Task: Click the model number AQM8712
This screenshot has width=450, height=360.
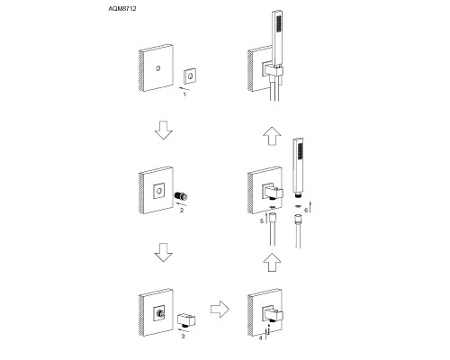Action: pos(122,9)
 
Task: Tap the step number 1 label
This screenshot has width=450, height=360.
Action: pos(184,94)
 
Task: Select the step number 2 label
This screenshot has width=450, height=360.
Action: pos(182,211)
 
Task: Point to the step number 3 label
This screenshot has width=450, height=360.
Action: pos(183,337)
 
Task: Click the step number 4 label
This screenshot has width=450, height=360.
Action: pos(260,337)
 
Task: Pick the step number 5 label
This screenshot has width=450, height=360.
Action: pos(262,221)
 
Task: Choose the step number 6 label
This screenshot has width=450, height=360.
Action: pos(306,211)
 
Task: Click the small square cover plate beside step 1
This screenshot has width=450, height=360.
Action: pos(190,76)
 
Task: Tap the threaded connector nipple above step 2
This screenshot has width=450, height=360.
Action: pos(181,196)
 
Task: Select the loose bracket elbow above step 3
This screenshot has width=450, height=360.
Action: pos(186,320)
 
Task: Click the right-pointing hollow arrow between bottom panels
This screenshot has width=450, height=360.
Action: pos(220,310)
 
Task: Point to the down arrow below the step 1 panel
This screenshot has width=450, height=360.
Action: pos(164,130)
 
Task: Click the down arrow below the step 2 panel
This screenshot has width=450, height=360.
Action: pos(164,253)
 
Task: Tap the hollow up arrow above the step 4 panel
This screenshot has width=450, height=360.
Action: pos(272,263)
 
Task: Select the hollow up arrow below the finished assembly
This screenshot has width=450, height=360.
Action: pos(272,136)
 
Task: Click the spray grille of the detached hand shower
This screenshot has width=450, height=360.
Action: pos(300,152)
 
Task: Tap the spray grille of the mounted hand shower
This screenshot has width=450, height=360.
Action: pos(279,24)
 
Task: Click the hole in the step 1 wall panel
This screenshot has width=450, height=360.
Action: pos(157,68)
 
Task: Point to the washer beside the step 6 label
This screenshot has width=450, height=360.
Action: pos(298,206)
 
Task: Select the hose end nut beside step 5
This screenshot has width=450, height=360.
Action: pos(273,217)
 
